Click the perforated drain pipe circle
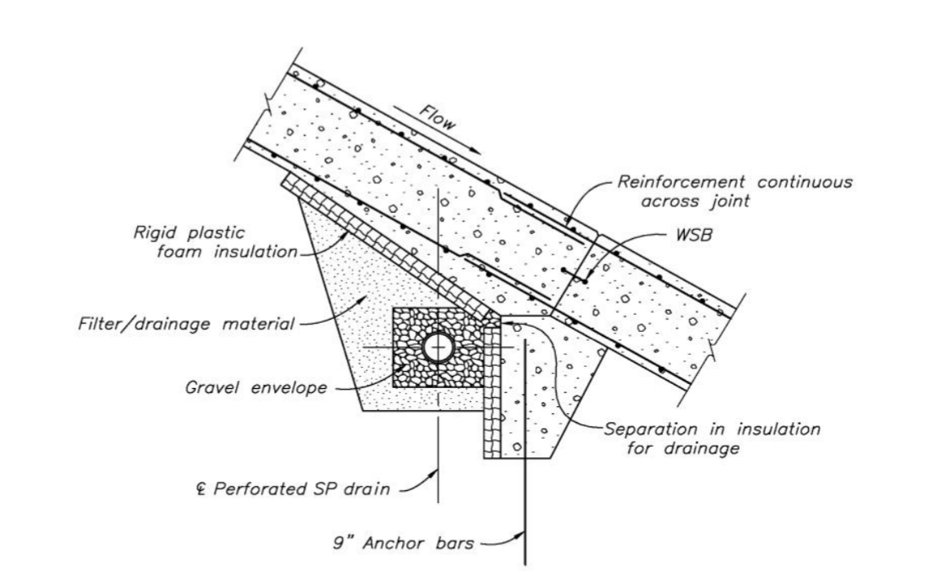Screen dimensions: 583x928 [439, 348]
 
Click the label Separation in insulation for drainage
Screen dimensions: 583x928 [711, 439]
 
